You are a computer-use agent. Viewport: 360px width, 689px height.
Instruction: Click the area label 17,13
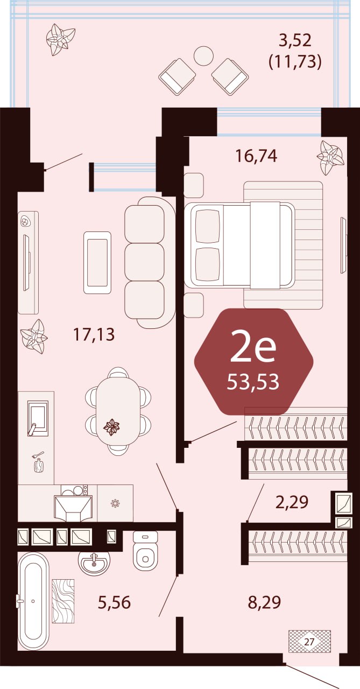pos(94,334)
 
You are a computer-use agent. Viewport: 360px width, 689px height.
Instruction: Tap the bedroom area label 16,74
pos(256,156)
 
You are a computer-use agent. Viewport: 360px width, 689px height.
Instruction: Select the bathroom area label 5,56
pos(115,602)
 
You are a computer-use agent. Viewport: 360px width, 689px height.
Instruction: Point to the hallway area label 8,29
pos(264,602)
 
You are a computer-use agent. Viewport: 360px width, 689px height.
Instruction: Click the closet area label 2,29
pos(292,502)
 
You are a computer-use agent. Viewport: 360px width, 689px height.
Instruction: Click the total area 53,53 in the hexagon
pos(253,382)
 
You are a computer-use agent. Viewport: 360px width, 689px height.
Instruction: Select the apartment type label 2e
pos(253,350)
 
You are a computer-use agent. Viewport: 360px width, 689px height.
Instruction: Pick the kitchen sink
pos(38,418)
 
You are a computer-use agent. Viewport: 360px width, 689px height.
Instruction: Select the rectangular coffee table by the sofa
pos(97,262)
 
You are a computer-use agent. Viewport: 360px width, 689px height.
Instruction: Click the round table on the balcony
pos(203,55)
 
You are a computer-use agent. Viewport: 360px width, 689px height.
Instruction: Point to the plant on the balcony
pos(60,39)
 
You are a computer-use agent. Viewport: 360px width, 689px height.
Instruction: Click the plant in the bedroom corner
pos(330,158)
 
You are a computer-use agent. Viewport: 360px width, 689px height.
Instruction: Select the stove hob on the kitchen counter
pos(74,490)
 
